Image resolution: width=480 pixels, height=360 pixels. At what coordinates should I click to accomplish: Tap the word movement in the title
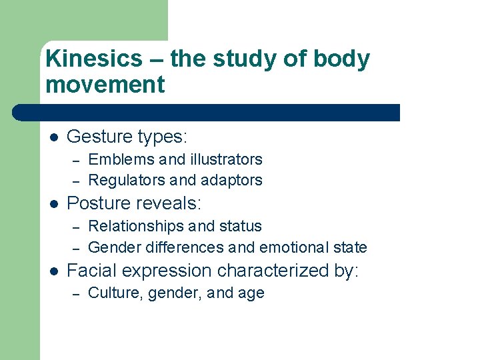[x=105, y=85]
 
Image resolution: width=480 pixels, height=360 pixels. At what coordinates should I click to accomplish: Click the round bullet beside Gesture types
[x=54, y=137]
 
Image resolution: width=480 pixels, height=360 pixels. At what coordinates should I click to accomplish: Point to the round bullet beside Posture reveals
[x=54, y=203]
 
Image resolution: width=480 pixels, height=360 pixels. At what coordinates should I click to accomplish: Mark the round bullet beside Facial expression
[x=54, y=271]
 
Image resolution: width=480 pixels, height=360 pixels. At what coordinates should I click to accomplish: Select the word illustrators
[x=227, y=160]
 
